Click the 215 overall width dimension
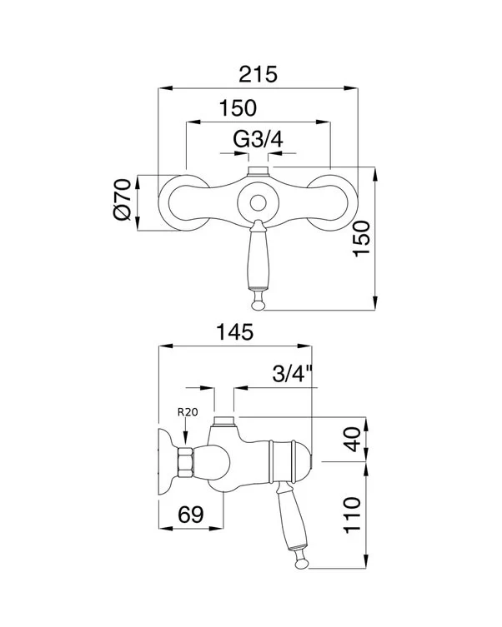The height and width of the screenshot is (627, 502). (x=258, y=74)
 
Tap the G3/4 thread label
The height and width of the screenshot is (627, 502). (x=259, y=140)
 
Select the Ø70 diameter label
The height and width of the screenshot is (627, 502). (x=123, y=199)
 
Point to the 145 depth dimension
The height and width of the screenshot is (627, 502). (x=235, y=332)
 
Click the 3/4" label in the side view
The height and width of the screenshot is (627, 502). (x=293, y=374)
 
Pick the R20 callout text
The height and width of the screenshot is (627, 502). (x=188, y=412)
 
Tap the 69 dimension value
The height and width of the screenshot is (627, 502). (x=191, y=515)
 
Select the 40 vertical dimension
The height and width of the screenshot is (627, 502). (x=352, y=439)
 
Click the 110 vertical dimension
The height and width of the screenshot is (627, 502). (x=352, y=515)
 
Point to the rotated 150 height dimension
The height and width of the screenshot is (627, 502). (x=361, y=239)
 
